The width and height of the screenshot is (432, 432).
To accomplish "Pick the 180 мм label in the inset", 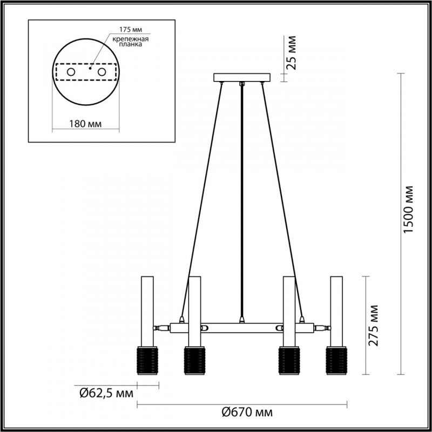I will click(x=86, y=124).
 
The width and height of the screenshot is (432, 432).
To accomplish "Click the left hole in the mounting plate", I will click(x=71, y=72).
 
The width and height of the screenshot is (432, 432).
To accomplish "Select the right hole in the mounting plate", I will click(x=101, y=72).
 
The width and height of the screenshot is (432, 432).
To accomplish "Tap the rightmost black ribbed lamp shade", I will click(x=336, y=360).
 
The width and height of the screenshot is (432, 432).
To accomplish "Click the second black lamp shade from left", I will click(x=194, y=360).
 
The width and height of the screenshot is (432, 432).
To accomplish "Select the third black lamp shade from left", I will click(x=289, y=360).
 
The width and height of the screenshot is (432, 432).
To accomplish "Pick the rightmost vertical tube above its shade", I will click(x=336, y=310).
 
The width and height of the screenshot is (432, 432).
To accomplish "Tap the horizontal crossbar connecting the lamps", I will click(x=242, y=327).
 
